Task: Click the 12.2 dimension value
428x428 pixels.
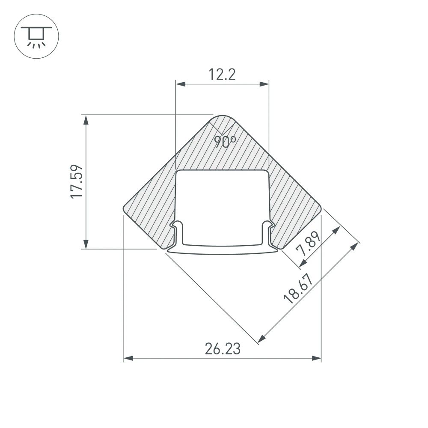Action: click(222, 75)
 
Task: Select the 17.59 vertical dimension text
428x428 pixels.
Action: click(76, 181)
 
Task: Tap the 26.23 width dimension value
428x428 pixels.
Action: click(222, 349)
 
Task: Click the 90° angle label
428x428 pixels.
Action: click(225, 141)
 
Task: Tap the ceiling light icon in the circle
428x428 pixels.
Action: click(36, 36)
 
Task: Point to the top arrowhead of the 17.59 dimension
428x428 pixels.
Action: click(86, 119)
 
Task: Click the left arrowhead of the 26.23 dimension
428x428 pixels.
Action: click(128, 358)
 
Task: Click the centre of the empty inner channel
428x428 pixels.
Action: click(222, 201)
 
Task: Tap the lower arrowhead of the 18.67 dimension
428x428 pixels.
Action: click(261, 340)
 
